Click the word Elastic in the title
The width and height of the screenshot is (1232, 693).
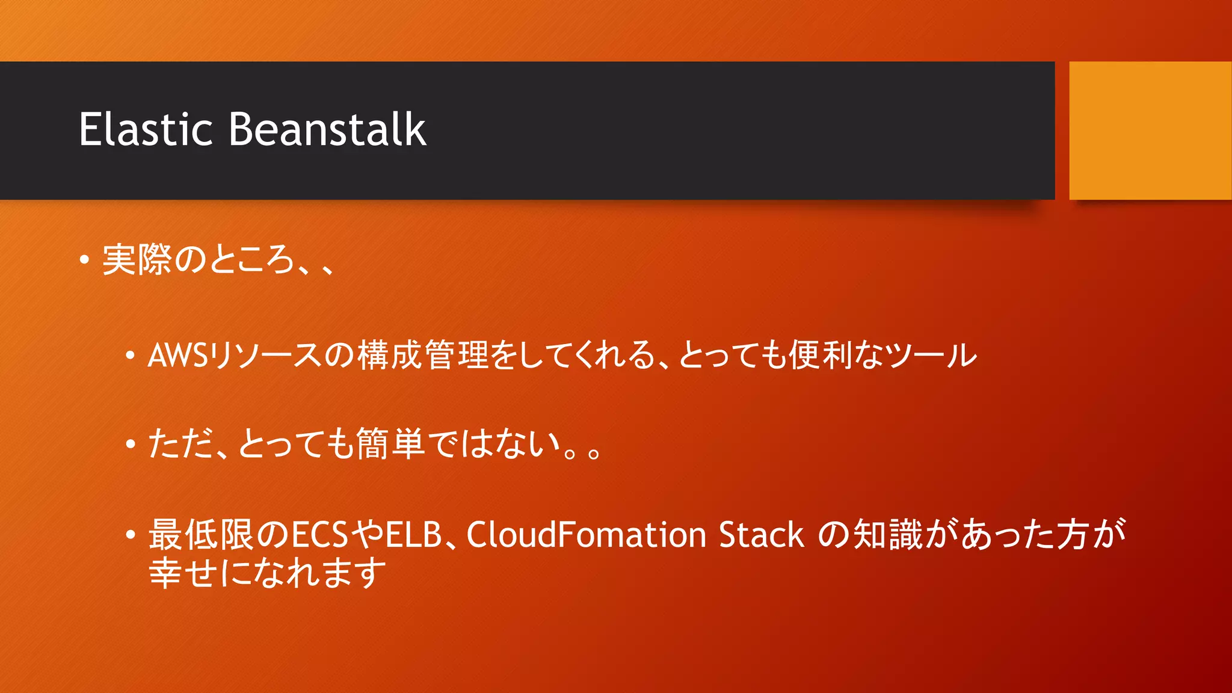coord(146,129)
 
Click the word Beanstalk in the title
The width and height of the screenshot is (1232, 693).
coord(327,129)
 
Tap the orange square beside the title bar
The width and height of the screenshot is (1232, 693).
coord(1150,131)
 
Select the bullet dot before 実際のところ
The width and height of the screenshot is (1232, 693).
coord(84,260)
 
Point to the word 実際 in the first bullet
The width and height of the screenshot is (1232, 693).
coord(137,260)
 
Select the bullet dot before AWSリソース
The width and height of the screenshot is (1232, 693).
coord(131,356)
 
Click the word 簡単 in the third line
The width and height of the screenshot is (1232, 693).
coord(390,444)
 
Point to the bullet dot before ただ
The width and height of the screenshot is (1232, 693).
coord(131,445)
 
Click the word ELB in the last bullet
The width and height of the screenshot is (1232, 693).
coord(414,535)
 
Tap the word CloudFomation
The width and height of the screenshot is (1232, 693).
coord(586,535)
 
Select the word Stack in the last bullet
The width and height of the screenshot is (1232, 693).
coord(761,535)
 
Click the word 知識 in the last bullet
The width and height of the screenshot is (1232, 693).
coord(888,534)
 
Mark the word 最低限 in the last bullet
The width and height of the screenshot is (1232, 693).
coord(202,534)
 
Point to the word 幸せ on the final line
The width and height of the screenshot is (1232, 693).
coord(183,572)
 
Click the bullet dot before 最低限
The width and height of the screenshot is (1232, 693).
coord(131,535)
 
